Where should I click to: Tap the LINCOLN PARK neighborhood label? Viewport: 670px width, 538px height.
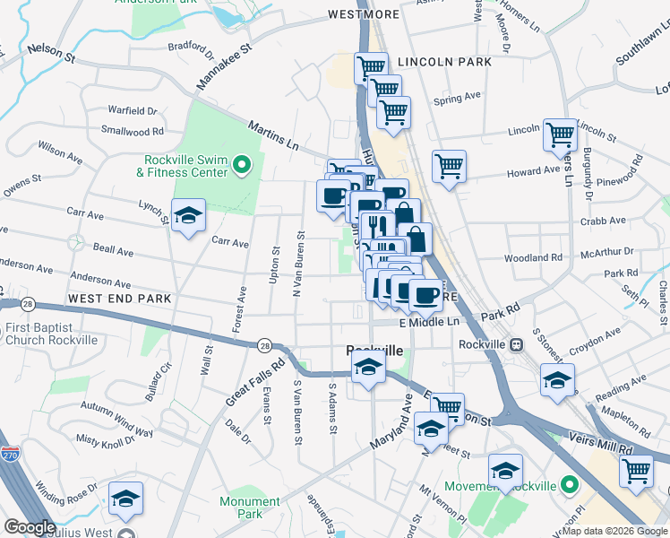click(x=445, y=62)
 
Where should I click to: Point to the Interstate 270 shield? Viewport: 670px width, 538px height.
click(x=11, y=456)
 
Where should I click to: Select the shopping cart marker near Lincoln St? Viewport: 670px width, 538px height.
click(x=560, y=135)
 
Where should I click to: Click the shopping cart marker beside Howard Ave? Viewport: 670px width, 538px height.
click(x=449, y=166)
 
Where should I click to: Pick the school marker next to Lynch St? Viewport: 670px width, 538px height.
click(x=187, y=216)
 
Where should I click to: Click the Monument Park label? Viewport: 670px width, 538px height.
click(x=250, y=508)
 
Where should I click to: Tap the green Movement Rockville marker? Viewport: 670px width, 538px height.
click(x=568, y=486)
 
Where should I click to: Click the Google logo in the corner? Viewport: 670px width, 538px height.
click(x=30, y=527)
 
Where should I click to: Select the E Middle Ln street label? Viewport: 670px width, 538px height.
click(x=429, y=322)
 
